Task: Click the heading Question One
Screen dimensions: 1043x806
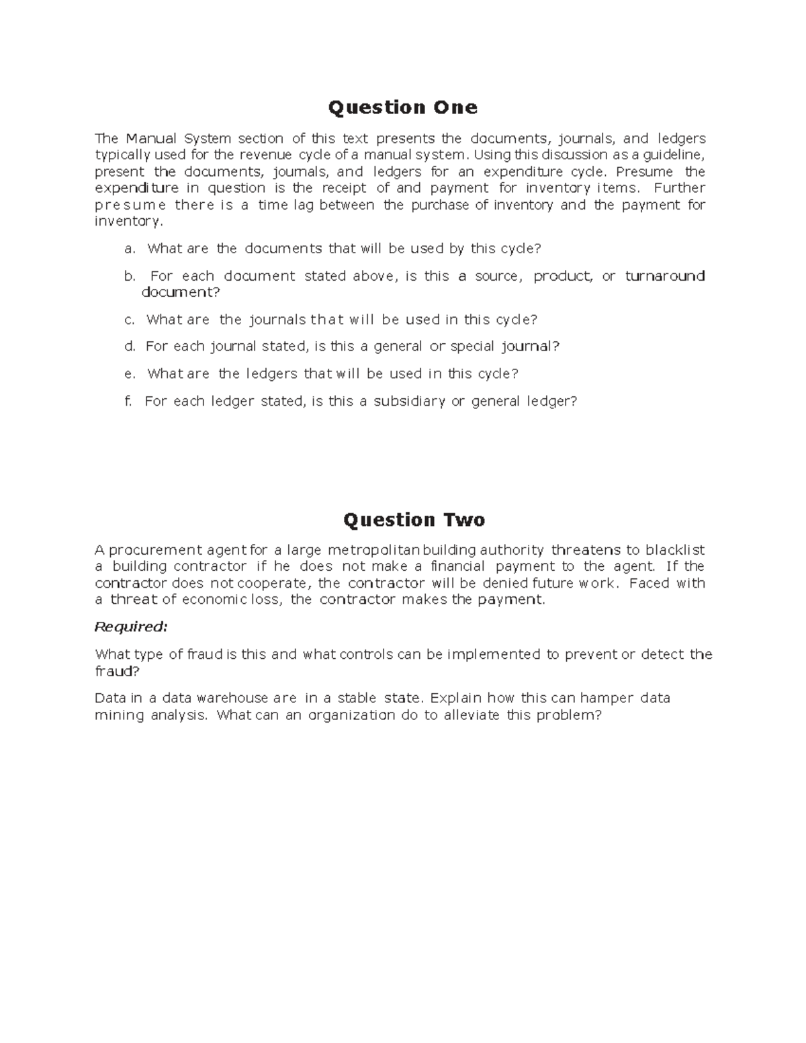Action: pos(402,107)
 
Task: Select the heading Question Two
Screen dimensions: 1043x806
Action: pos(414,520)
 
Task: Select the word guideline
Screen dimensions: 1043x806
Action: pos(676,154)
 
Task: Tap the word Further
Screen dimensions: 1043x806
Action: pos(679,188)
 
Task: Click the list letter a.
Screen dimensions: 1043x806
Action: pos(130,249)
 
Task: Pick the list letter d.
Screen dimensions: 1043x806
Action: pos(130,347)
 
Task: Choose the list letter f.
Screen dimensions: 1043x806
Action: pos(128,402)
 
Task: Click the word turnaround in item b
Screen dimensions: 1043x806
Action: pos(665,276)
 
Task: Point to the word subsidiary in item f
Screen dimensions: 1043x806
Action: pos(409,402)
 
